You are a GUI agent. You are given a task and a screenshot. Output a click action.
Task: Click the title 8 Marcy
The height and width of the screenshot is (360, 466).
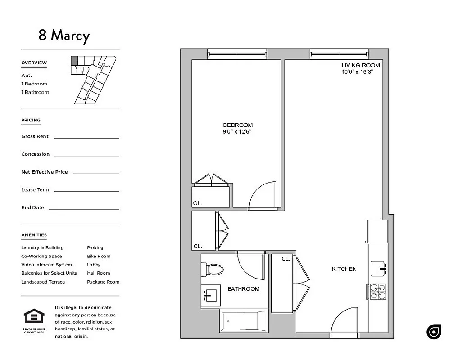click(x=64, y=36)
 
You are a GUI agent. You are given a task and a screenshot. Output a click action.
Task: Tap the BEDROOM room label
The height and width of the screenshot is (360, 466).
click(x=238, y=125)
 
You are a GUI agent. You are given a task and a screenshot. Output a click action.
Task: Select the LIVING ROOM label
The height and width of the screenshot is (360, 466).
click(x=361, y=65)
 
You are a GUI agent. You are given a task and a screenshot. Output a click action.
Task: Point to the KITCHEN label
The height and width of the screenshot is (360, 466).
click(x=344, y=269)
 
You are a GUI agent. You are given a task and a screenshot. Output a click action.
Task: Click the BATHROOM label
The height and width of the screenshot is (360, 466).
click(x=243, y=289)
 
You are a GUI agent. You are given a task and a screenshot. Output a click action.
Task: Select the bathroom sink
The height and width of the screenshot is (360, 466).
click(x=209, y=295)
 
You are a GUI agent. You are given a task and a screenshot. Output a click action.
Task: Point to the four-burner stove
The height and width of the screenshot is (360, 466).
click(x=378, y=291)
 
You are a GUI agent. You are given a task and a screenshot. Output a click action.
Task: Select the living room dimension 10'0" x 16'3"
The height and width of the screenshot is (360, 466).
click(x=358, y=72)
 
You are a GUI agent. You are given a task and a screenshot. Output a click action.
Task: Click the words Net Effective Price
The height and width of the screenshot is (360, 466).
click(x=44, y=172)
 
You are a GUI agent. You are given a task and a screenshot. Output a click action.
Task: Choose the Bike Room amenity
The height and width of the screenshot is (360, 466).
click(x=99, y=256)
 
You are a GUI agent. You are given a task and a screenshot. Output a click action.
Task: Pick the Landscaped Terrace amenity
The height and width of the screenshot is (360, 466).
click(x=43, y=282)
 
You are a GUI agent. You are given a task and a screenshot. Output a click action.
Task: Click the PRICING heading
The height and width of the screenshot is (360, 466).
click(x=31, y=120)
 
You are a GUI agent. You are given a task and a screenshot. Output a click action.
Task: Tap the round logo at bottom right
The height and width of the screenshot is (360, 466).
click(x=434, y=332)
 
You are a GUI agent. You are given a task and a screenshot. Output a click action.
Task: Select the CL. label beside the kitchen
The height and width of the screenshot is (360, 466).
click(x=285, y=259)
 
